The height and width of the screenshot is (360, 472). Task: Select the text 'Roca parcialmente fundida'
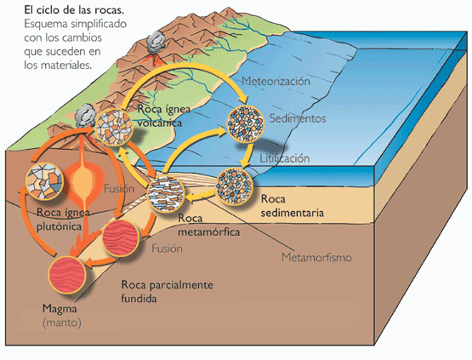pos(167,291)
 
